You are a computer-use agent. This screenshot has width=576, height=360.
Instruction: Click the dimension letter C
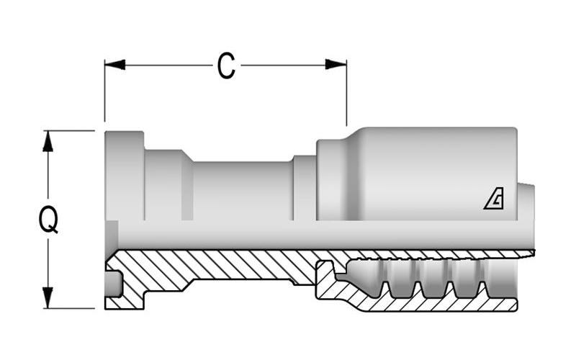226,66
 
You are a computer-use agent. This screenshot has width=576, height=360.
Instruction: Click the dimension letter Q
48,220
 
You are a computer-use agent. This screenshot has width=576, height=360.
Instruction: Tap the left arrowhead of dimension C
115,65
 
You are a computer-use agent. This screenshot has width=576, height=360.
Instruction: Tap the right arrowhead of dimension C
336,64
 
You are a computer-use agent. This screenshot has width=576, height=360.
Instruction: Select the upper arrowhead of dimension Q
48,141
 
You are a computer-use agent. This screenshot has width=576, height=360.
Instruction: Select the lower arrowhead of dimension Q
48,297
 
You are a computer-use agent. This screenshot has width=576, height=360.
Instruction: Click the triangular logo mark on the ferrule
494,199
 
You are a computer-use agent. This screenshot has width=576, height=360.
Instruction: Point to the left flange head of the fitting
124,176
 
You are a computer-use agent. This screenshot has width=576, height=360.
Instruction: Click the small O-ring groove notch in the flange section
112,284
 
